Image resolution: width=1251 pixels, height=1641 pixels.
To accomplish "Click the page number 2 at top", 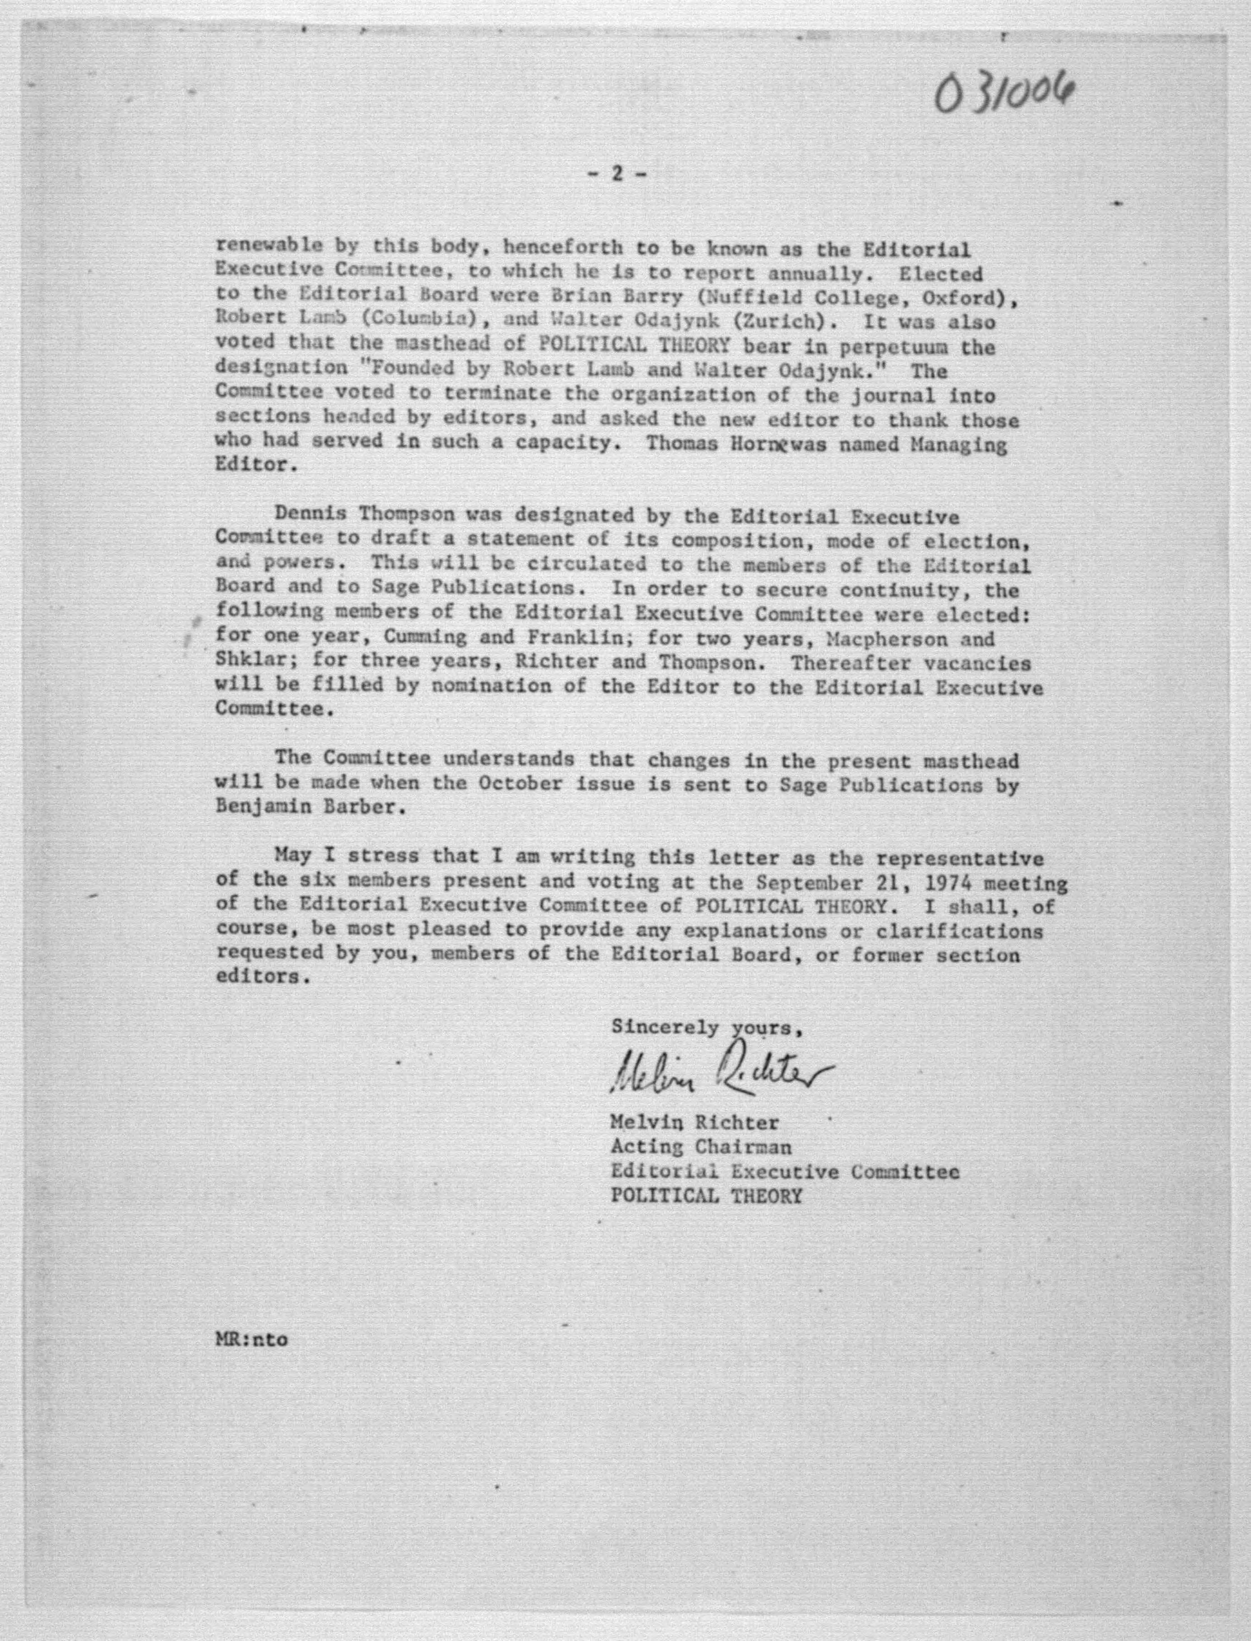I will coord(616,173).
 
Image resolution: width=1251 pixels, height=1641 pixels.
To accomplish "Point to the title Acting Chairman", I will coord(701,1147).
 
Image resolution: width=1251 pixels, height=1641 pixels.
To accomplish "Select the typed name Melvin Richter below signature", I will coord(694,1122).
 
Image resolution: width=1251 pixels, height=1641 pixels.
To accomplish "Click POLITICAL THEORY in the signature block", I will coord(706,1195).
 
